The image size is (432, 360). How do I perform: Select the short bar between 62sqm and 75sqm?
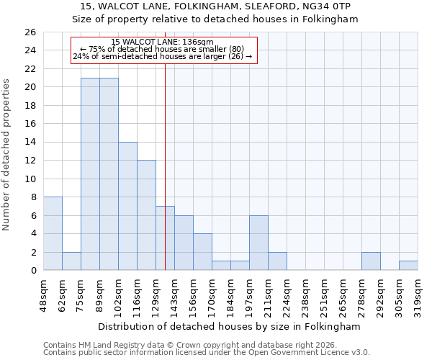click(71, 261)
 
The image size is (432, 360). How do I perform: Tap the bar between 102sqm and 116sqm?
click(127, 206)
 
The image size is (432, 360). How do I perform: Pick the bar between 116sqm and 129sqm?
click(146, 215)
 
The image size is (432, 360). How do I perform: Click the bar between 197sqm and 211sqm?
click(258, 243)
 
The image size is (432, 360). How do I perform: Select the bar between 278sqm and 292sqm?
click(371, 261)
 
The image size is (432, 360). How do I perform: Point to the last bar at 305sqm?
click(408, 266)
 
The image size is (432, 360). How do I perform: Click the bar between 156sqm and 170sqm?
click(202, 252)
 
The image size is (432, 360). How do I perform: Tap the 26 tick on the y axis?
click(30, 32)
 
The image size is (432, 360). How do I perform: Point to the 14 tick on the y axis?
click(30, 143)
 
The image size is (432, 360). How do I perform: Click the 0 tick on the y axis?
click(32, 271)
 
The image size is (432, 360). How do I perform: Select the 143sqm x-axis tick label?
click(175, 294)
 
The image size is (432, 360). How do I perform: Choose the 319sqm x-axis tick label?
click(418, 294)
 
